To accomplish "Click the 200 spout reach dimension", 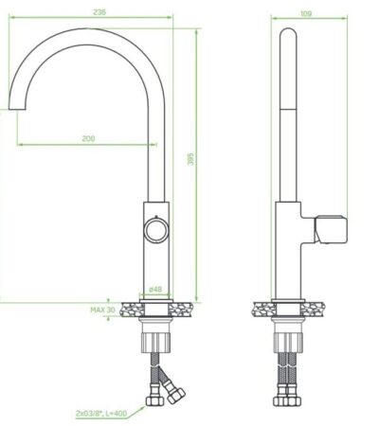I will click(88, 139).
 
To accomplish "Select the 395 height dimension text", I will click(191, 161).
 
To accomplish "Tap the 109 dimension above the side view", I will click(305, 13).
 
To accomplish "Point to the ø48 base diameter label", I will click(156, 291).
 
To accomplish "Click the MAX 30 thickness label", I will click(102, 310).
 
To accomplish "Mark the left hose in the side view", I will click(281, 379).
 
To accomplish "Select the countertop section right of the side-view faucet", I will click(312, 309).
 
